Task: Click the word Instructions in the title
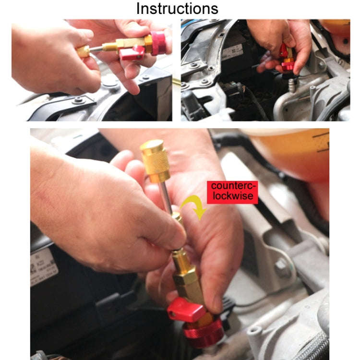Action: tap(177, 8)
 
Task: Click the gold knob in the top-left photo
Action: tap(83, 51)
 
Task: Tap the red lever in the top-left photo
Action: tap(131, 52)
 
